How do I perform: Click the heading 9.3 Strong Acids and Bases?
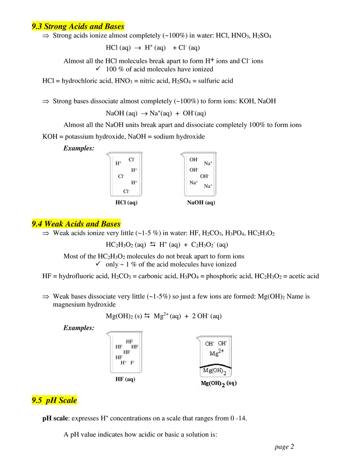(x=78, y=27)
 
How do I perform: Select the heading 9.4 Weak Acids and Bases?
(x=76, y=224)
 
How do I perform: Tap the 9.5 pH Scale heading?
(x=54, y=400)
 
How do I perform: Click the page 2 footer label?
(x=284, y=447)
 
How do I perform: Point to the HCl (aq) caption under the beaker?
(x=126, y=203)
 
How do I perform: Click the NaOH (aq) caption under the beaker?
(x=201, y=203)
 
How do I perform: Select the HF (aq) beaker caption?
(x=125, y=379)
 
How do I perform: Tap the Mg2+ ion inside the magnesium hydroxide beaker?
(x=216, y=353)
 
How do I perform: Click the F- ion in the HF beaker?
(x=133, y=362)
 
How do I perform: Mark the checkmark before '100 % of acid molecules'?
(x=98, y=69)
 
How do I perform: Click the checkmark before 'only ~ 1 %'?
(x=98, y=264)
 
